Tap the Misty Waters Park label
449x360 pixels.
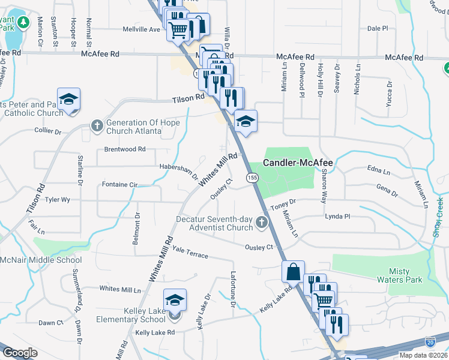pyautogui.click(x=399, y=275)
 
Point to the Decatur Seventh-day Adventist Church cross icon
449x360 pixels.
pyautogui.click(x=261, y=223)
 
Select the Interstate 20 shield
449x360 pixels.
pyautogui.click(x=430, y=342)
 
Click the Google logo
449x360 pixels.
pyautogui.click(x=20, y=353)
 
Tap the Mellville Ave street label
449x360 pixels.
pyautogui.click(x=142, y=29)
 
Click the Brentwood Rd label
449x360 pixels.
pyautogui.click(x=125, y=149)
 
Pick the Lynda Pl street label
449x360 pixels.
pyautogui.click(x=337, y=216)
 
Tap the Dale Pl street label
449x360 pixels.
pyautogui.click(x=378, y=28)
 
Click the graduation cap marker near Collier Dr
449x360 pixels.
pyautogui.click(x=68, y=98)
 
